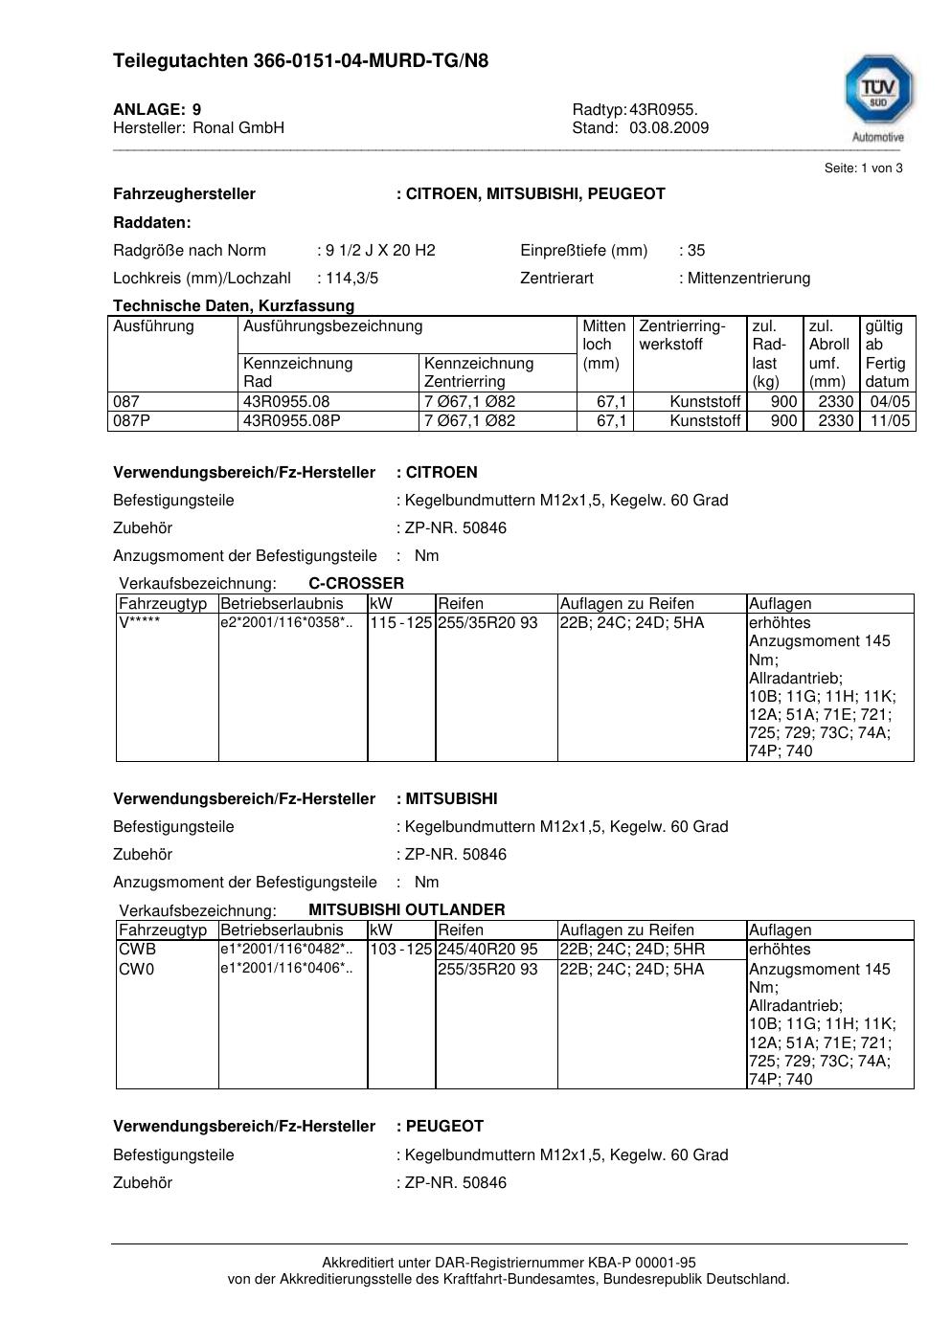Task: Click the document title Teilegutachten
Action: pyautogui.click(x=300, y=61)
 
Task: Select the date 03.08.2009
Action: pyautogui.click(x=668, y=128)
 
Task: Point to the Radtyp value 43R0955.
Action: pyautogui.click(x=663, y=109)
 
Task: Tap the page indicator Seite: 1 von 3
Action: pyautogui.click(x=863, y=168)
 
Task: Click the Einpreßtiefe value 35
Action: pyautogui.click(x=695, y=251)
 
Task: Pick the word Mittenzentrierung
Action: pyautogui.click(x=749, y=279)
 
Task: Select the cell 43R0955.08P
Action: pyautogui.click(x=292, y=421)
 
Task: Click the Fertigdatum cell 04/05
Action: pyautogui.click(x=890, y=402)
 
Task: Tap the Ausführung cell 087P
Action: pyautogui.click(x=131, y=421)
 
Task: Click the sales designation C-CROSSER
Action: pyautogui.click(x=356, y=583)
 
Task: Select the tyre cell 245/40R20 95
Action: pyautogui.click(x=487, y=950)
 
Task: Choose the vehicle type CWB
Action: pyautogui.click(x=137, y=950)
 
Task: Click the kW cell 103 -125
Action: pyautogui.click(x=401, y=950)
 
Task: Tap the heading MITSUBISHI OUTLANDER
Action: pyautogui.click(x=406, y=909)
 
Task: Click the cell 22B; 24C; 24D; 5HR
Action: pyautogui.click(x=632, y=950)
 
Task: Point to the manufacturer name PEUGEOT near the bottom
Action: pyautogui.click(x=444, y=1127)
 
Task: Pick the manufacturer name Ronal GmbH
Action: pyautogui.click(x=238, y=128)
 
